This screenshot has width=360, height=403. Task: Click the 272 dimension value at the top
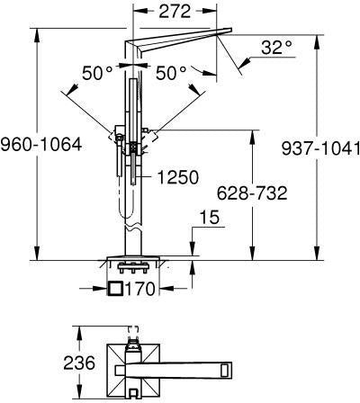click(175, 12)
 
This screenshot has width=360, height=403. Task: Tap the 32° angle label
click(276, 48)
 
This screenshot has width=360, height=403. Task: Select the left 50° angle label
click(97, 73)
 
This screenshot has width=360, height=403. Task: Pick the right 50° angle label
click(171, 73)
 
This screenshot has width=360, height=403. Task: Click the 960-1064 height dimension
click(41, 145)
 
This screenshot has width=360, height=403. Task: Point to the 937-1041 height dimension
click(320, 148)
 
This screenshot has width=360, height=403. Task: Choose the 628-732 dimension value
click(252, 193)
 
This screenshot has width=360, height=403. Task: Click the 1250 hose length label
click(178, 177)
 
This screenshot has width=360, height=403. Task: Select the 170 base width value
click(139, 289)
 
